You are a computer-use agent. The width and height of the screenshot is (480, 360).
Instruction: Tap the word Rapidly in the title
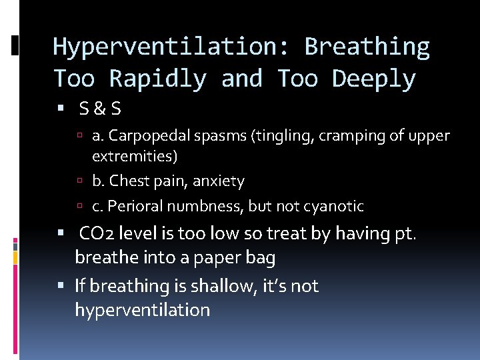pos(157,79)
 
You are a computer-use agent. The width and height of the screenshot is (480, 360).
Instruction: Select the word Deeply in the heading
pos(374,79)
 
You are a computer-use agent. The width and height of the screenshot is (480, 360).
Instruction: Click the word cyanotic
pos(335,207)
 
